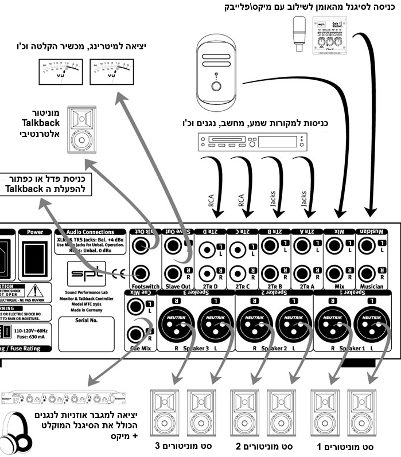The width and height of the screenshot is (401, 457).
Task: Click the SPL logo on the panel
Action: tap(87, 270)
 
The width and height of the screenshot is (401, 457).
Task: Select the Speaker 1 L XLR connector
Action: tap(367, 324)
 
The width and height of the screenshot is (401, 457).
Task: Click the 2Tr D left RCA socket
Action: tap(206, 250)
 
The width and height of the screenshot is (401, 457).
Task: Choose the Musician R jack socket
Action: tap(367, 272)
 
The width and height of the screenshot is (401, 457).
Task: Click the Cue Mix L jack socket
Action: tap(137, 306)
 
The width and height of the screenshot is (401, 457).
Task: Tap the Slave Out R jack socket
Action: tap(172, 272)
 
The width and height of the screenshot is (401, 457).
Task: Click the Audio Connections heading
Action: tap(90, 232)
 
